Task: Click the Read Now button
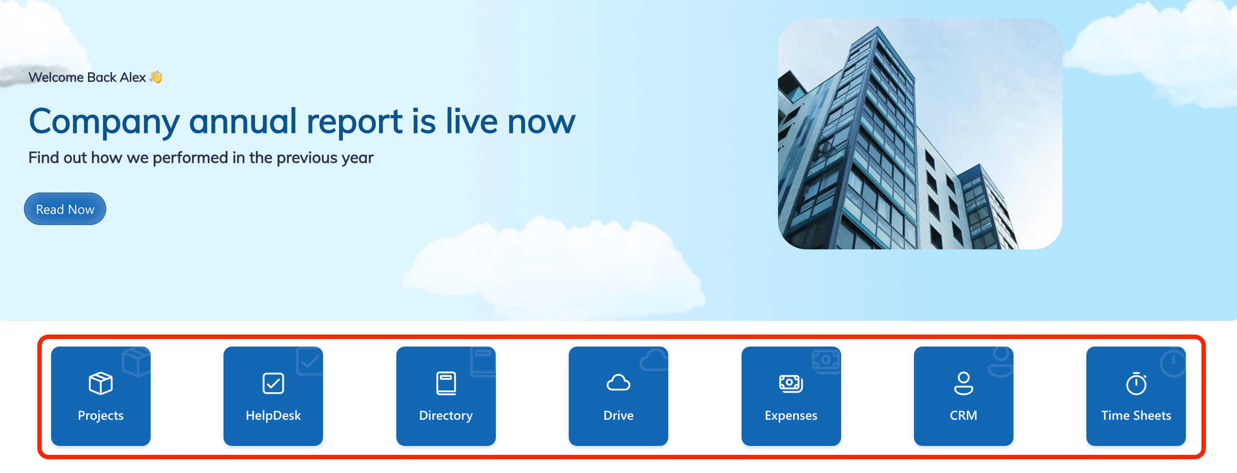(x=65, y=209)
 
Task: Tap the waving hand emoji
(x=156, y=77)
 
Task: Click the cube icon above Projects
(x=100, y=383)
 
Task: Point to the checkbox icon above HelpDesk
(x=273, y=383)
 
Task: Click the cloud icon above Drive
(x=618, y=383)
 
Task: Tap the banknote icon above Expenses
(x=791, y=383)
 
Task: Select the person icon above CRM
(x=963, y=383)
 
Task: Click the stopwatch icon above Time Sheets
(x=1136, y=383)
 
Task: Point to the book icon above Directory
(x=446, y=383)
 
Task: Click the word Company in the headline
(x=104, y=122)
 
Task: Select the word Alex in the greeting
(x=133, y=77)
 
